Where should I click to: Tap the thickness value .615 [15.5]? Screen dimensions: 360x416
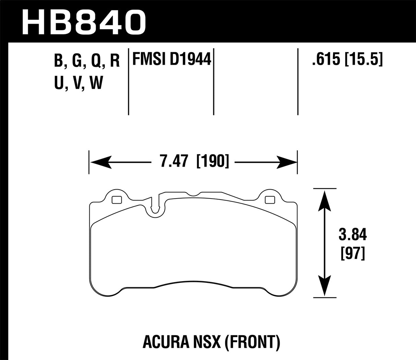(347, 60)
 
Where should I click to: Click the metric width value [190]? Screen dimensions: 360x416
(212, 161)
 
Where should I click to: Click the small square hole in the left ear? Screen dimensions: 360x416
(117, 199)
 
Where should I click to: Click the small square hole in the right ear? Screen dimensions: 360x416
(270, 199)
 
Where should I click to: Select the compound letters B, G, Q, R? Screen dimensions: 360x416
(87, 61)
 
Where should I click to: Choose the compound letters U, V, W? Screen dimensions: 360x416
(78, 83)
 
